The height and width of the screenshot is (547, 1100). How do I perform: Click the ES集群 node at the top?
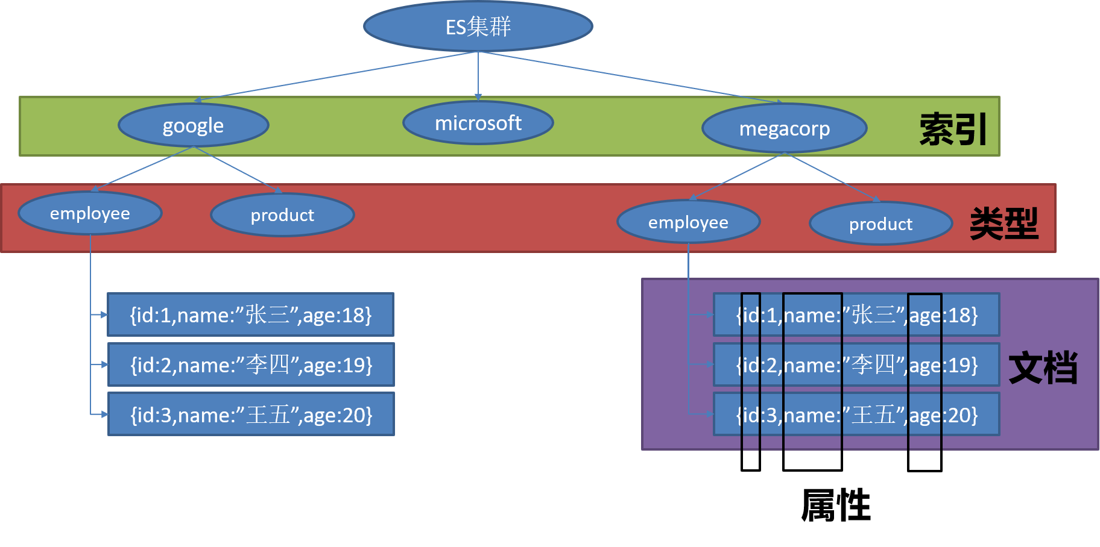[478, 27]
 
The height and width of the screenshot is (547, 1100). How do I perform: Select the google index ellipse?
[193, 125]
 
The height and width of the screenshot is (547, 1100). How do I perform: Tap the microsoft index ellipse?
[478, 123]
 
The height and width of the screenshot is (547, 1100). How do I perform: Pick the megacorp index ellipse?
[784, 128]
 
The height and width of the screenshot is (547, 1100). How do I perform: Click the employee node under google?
[90, 213]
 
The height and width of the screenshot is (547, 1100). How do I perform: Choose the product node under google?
[282, 215]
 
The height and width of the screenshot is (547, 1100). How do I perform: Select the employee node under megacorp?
[688, 222]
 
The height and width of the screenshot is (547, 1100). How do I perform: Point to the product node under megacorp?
[880, 224]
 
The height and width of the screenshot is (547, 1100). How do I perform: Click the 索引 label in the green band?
[953, 129]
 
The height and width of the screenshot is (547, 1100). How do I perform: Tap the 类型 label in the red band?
[1004, 223]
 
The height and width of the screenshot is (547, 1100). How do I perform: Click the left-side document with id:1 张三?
[251, 314]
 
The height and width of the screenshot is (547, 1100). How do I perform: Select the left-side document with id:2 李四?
[251, 364]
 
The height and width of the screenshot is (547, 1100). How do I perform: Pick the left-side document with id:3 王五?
[251, 414]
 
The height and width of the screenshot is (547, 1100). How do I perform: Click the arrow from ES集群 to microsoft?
[478, 75]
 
